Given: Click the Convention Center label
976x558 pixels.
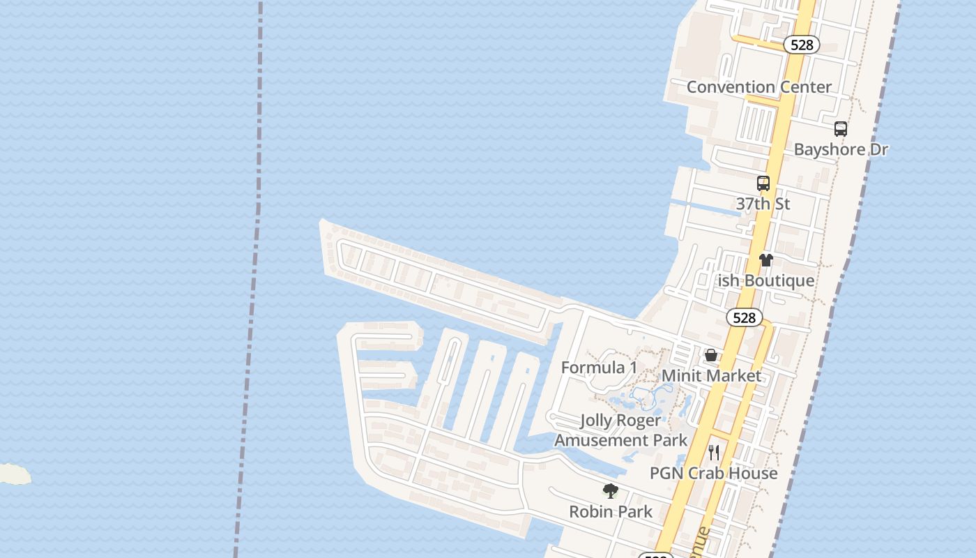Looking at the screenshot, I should [758, 87].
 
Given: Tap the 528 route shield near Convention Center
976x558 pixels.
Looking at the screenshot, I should [802, 45].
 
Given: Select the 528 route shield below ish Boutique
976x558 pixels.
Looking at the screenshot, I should [744, 318].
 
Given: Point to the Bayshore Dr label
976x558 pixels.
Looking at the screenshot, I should [841, 149].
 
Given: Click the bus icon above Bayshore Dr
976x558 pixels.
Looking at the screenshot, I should [841, 129].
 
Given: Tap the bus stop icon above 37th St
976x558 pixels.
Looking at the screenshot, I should [763, 183].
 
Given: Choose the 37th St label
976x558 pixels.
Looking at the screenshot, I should [763, 204].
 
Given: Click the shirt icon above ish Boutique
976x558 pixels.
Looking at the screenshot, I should [766, 260].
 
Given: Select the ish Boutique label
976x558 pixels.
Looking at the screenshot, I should [766, 280].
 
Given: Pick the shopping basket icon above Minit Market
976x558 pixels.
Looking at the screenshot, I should [711, 355].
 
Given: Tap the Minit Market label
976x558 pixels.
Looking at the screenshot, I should [711, 375].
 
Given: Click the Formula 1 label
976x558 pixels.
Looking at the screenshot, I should [599, 368].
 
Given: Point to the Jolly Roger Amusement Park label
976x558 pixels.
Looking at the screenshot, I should [620, 430].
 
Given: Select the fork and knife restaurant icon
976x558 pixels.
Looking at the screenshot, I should [713, 453].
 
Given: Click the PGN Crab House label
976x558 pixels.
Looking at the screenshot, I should [713, 473].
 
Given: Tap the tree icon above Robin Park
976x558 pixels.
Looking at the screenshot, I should [611, 491].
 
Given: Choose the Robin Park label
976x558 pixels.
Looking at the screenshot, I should [611, 511].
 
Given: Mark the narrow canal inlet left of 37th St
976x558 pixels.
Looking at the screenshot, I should [704, 207].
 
